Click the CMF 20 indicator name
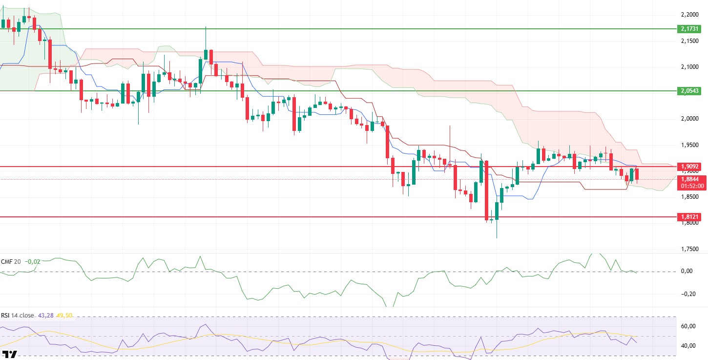11,262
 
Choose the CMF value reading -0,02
33,262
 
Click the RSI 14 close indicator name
18,316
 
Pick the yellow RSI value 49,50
64,316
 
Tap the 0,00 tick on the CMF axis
687,272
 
